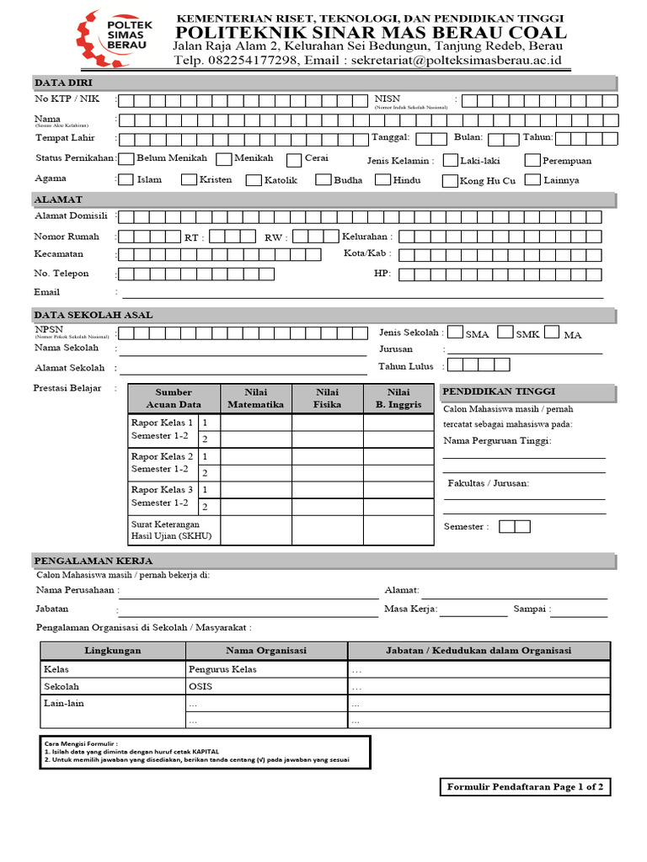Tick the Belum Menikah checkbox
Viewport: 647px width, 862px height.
126,158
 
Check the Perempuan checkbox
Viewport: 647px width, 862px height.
532,160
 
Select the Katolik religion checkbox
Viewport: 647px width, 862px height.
254,179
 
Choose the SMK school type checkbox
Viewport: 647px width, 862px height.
505,333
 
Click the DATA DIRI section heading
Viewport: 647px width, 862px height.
64,82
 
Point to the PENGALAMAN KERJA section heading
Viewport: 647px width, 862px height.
83,561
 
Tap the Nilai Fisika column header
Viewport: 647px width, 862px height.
327,398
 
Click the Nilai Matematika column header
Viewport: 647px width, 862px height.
255,398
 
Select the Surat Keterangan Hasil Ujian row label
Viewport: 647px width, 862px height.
173,530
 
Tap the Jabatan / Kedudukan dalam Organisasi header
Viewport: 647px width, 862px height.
478,651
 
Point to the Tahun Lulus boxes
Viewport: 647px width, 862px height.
479,364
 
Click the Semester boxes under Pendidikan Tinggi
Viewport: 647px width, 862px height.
514,526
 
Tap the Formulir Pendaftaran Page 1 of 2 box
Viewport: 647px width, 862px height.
525,787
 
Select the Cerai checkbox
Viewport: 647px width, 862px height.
294,160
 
